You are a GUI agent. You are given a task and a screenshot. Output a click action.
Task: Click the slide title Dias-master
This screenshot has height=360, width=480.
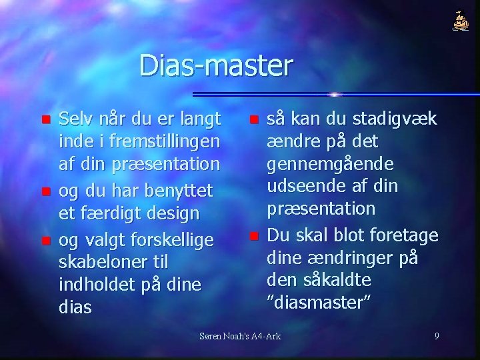(x=216, y=66)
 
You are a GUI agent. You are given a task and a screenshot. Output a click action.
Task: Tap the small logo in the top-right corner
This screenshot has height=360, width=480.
(x=460, y=22)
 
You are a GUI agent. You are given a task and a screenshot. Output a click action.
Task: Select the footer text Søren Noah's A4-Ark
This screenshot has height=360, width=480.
(x=241, y=336)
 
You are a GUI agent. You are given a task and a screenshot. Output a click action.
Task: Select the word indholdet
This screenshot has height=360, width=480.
(x=99, y=284)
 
